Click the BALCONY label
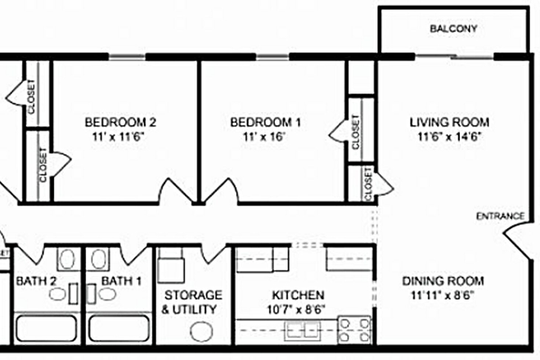[x=453, y=29]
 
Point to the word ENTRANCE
[x=500, y=216]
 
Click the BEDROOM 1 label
[x=267, y=123]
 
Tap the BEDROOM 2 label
[x=120, y=123]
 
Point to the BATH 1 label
[x=121, y=281]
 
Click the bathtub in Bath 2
[x=47, y=331]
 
